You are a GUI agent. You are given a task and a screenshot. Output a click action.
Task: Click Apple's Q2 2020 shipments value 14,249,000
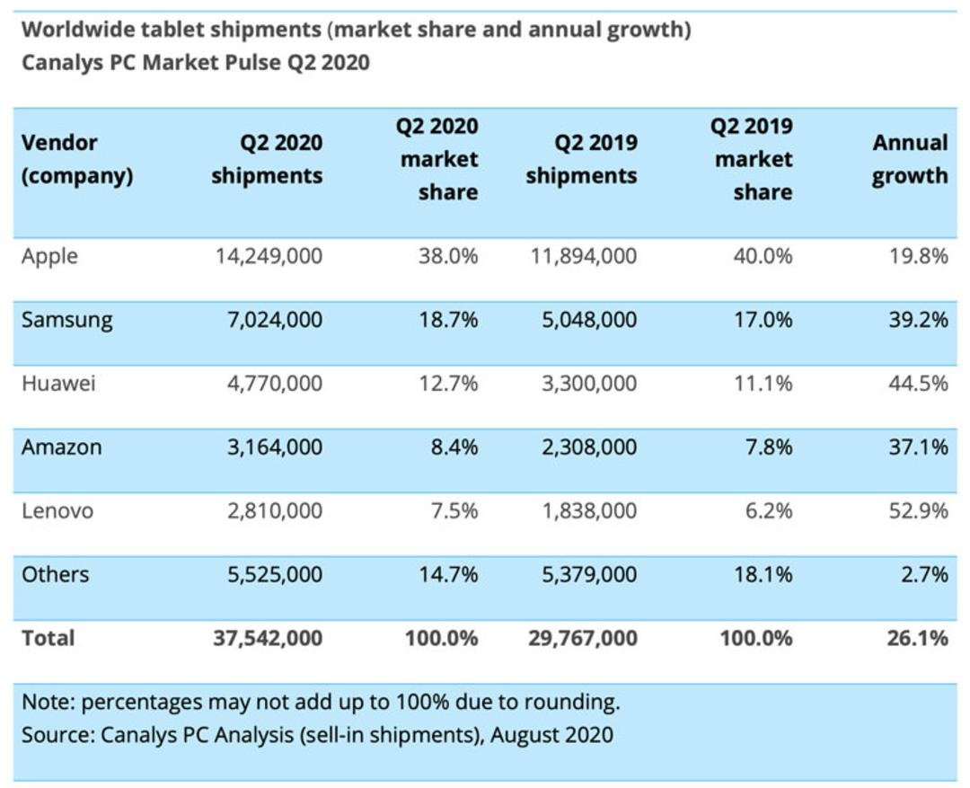click(x=269, y=256)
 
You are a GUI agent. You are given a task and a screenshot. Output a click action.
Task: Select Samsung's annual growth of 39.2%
click(x=918, y=319)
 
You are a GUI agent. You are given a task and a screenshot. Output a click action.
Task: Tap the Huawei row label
click(x=58, y=384)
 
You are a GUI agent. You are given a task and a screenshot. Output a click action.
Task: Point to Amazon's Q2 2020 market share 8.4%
click(x=454, y=447)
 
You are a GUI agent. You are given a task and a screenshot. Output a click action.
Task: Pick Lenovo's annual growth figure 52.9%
click(x=918, y=510)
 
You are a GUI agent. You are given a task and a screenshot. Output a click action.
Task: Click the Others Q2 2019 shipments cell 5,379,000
click(x=589, y=574)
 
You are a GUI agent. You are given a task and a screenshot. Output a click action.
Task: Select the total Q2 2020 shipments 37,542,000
click(x=268, y=638)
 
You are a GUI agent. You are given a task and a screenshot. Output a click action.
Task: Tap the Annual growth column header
click(x=910, y=159)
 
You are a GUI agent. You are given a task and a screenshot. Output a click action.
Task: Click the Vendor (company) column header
click(x=77, y=159)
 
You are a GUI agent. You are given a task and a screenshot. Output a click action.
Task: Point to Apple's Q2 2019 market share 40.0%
click(x=763, y=256)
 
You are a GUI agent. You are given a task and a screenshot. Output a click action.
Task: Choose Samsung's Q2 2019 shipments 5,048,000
click(x=589, y=319)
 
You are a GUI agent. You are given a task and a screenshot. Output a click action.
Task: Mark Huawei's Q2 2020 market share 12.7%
click(x=448, y=384)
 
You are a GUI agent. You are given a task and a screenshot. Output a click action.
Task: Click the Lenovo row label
click(x=57, y=511)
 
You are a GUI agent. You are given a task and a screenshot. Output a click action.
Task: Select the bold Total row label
click(x=48, y=638)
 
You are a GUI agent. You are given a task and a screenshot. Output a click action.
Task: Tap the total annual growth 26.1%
click(x=917, y=638)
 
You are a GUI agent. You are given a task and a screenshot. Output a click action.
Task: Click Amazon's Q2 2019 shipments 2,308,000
click(x=589, y=447)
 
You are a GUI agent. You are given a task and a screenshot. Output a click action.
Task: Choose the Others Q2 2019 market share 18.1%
click(x=763, y=574)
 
